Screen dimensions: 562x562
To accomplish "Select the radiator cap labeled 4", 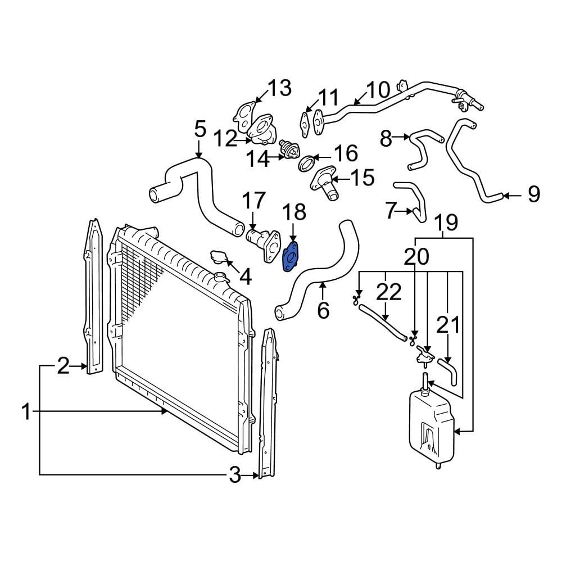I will [217, 258].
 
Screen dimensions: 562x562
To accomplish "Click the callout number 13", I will [279, 88].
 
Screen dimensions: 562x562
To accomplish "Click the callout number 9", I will [533, 195].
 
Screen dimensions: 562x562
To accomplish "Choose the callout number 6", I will [323, 310].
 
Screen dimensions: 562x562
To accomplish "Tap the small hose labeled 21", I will [448, 373].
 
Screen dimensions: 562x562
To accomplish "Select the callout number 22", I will [388, 293].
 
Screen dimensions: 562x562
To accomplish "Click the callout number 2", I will [63, 367].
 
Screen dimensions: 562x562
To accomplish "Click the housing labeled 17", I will [260, 241].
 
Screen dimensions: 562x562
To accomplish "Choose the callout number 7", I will [392, 211].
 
